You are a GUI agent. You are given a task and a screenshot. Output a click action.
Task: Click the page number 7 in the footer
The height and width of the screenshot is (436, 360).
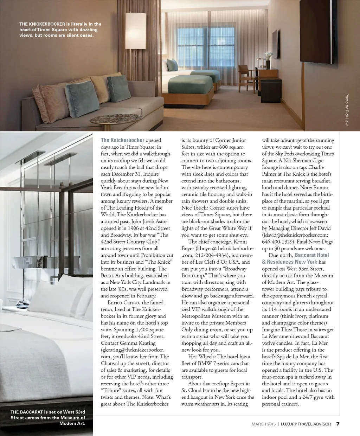(338, 424)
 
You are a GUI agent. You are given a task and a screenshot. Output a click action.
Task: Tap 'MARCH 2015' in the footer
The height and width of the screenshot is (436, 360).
(264, 424)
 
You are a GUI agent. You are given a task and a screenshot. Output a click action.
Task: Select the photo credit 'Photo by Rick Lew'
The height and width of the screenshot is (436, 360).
(347, 109)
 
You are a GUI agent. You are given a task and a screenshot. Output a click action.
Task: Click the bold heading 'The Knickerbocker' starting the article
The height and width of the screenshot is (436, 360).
(122, 140)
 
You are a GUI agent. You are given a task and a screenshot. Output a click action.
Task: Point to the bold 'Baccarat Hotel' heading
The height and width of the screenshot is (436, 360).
(311, 255)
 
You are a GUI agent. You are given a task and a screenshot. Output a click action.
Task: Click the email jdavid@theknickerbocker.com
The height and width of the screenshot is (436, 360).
(295, 235)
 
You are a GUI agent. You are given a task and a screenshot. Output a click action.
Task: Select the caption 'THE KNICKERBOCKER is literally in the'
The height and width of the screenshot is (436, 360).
(60, 24)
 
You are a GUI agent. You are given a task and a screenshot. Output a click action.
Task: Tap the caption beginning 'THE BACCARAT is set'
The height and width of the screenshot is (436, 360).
(48, 412)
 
